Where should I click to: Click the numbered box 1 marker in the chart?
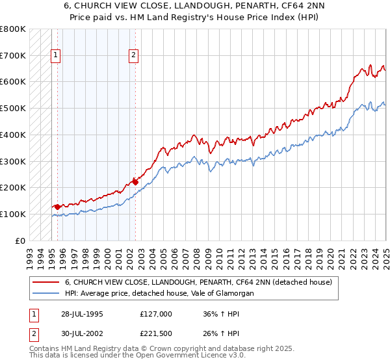coord(56,56)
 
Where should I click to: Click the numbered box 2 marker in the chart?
coord(133,56)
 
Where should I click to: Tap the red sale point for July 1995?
coord(57,207)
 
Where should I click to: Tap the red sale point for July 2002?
coord(135,181)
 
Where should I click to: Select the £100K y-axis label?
coord(14,214)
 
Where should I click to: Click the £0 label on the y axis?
coord(20,240)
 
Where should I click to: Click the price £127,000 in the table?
coord(156,314)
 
